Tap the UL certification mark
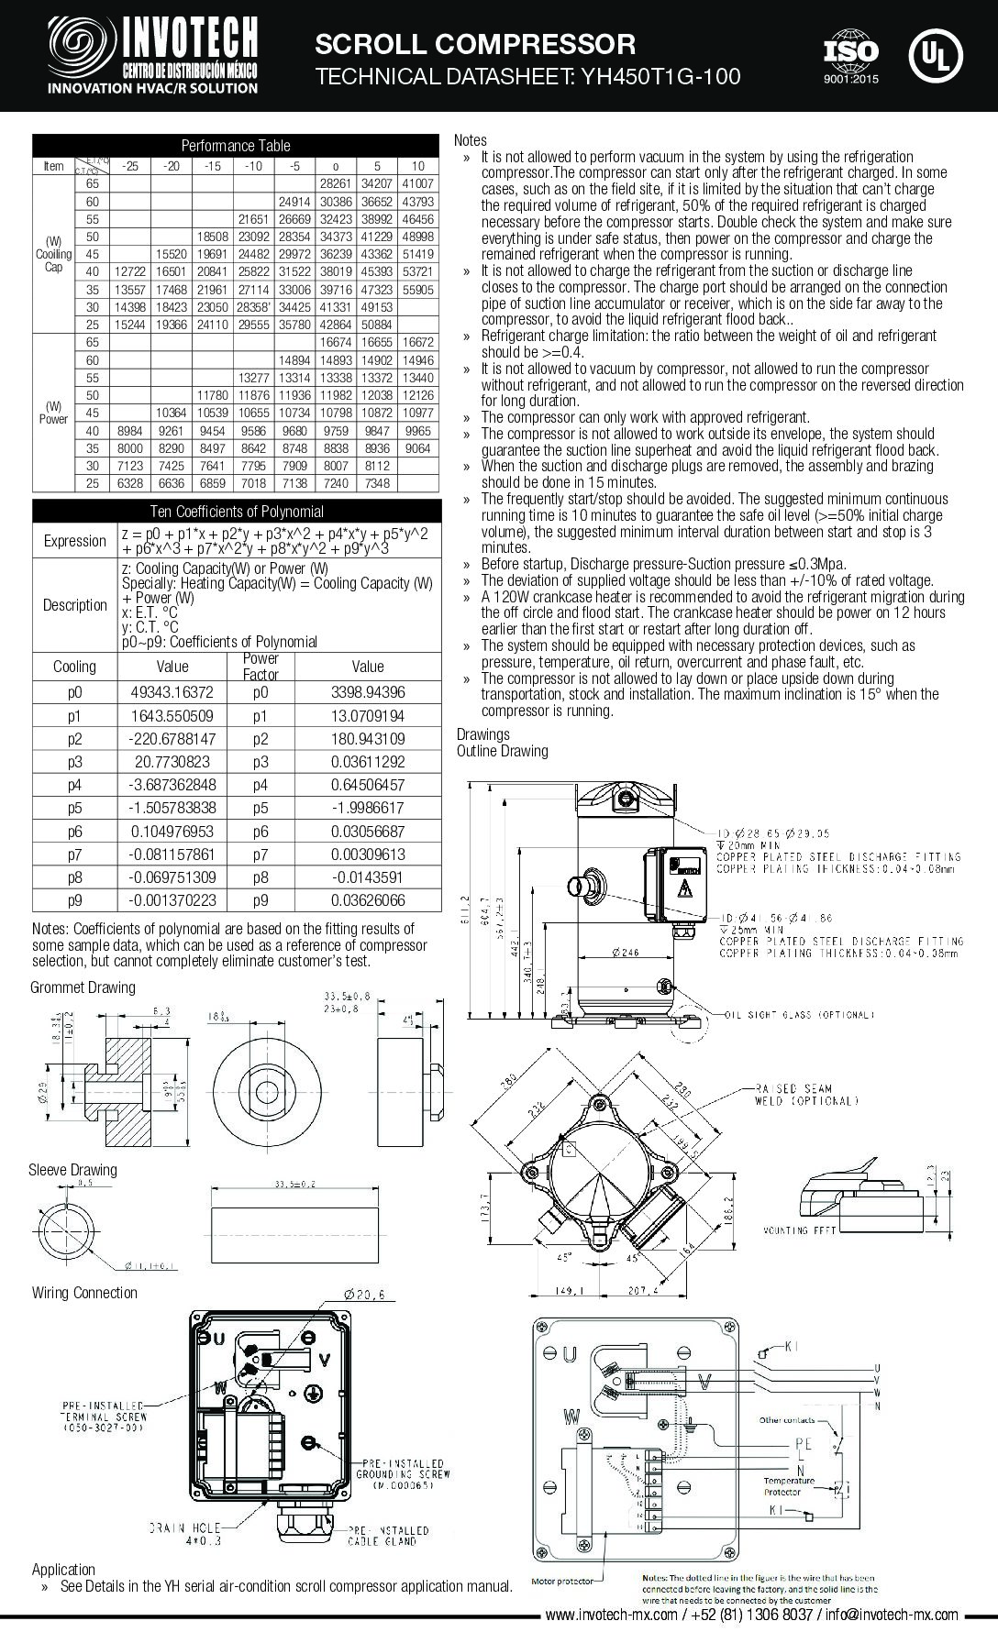[x=935, y=56]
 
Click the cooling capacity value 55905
[x=417, y=289]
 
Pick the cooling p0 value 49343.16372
[x=172, y=693]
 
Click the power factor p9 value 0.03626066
[x=367, y=900]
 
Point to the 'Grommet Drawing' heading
[x=83, y=987]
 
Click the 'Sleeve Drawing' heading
[x=72, y=1170]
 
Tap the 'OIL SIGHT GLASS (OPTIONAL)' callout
[x=799, y=1015]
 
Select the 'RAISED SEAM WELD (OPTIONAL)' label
[x=806, y=1094]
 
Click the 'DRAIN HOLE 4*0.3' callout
[x=184, y=1535]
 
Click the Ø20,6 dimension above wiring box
[x=368, y=1295]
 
